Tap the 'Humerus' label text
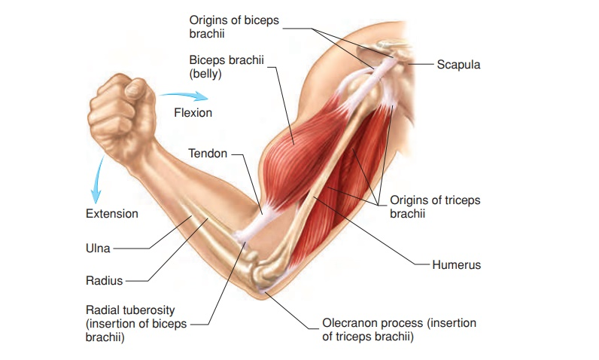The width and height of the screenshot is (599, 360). pos(456,265)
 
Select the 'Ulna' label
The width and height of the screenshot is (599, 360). pos(99,248)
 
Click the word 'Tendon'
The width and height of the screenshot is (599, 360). pos(207,154)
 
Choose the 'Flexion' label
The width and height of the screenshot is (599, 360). pos(193,113)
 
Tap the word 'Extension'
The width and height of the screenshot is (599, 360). pos(112,214)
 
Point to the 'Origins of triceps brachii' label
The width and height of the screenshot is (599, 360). pos(435,207)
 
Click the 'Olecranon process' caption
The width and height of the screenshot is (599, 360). pos(399,330)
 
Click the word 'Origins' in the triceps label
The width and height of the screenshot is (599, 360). pos(410,200)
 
